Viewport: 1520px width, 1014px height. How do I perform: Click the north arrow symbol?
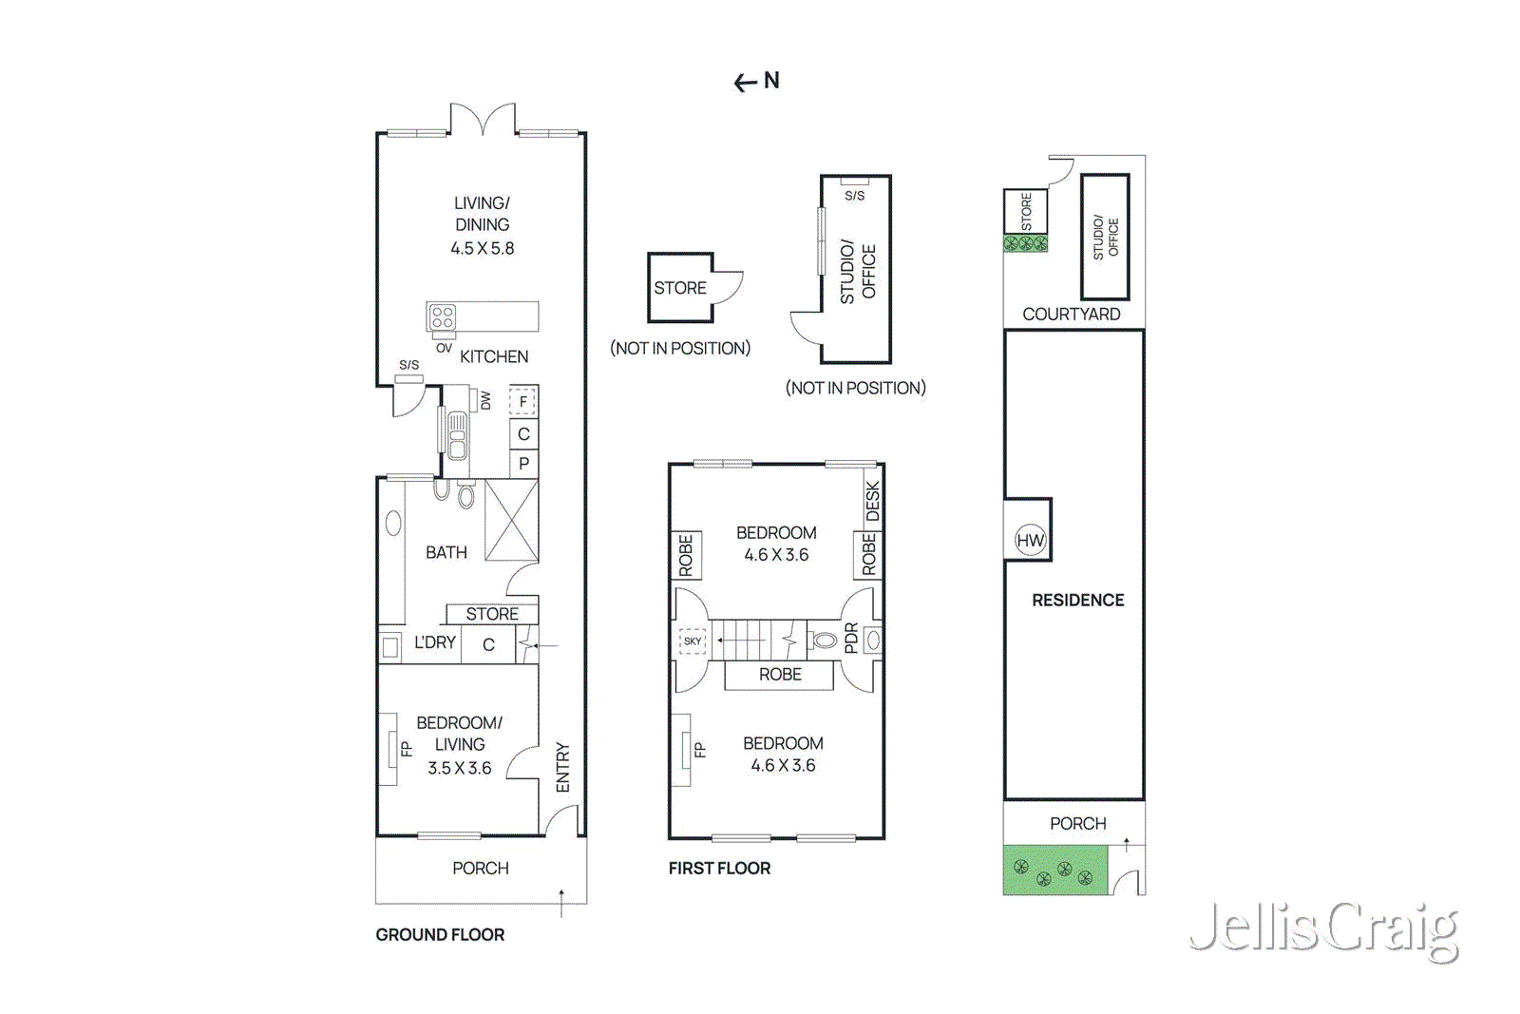point(756,82)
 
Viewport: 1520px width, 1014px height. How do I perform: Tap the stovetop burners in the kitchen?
point(443,316)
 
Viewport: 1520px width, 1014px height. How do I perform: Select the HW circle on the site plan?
point(1030,541)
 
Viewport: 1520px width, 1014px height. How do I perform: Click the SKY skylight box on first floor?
point(693,641)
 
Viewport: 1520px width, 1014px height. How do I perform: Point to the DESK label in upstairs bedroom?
point(872,501)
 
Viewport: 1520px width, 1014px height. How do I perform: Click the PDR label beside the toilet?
point(851,638)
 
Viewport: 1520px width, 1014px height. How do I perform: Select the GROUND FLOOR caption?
point(440,934)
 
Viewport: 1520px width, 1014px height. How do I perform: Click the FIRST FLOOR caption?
point(719,868)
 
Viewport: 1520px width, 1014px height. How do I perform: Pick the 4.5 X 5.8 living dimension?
point(482,248)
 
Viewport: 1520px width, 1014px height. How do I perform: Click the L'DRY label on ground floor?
point(434,642)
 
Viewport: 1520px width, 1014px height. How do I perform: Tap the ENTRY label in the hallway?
point(562,767)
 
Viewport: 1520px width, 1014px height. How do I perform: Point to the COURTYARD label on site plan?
point(1071,314)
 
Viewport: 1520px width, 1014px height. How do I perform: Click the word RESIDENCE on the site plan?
point(1077,600)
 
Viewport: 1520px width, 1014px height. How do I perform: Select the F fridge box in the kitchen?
point(522,402)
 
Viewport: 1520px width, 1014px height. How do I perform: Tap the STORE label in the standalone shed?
point(680,288)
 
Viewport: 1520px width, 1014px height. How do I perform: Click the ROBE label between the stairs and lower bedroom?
point(780,674)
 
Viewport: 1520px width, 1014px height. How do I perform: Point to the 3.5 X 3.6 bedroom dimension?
point(459,768)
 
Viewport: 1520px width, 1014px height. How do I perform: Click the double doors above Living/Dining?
point(483,121)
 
